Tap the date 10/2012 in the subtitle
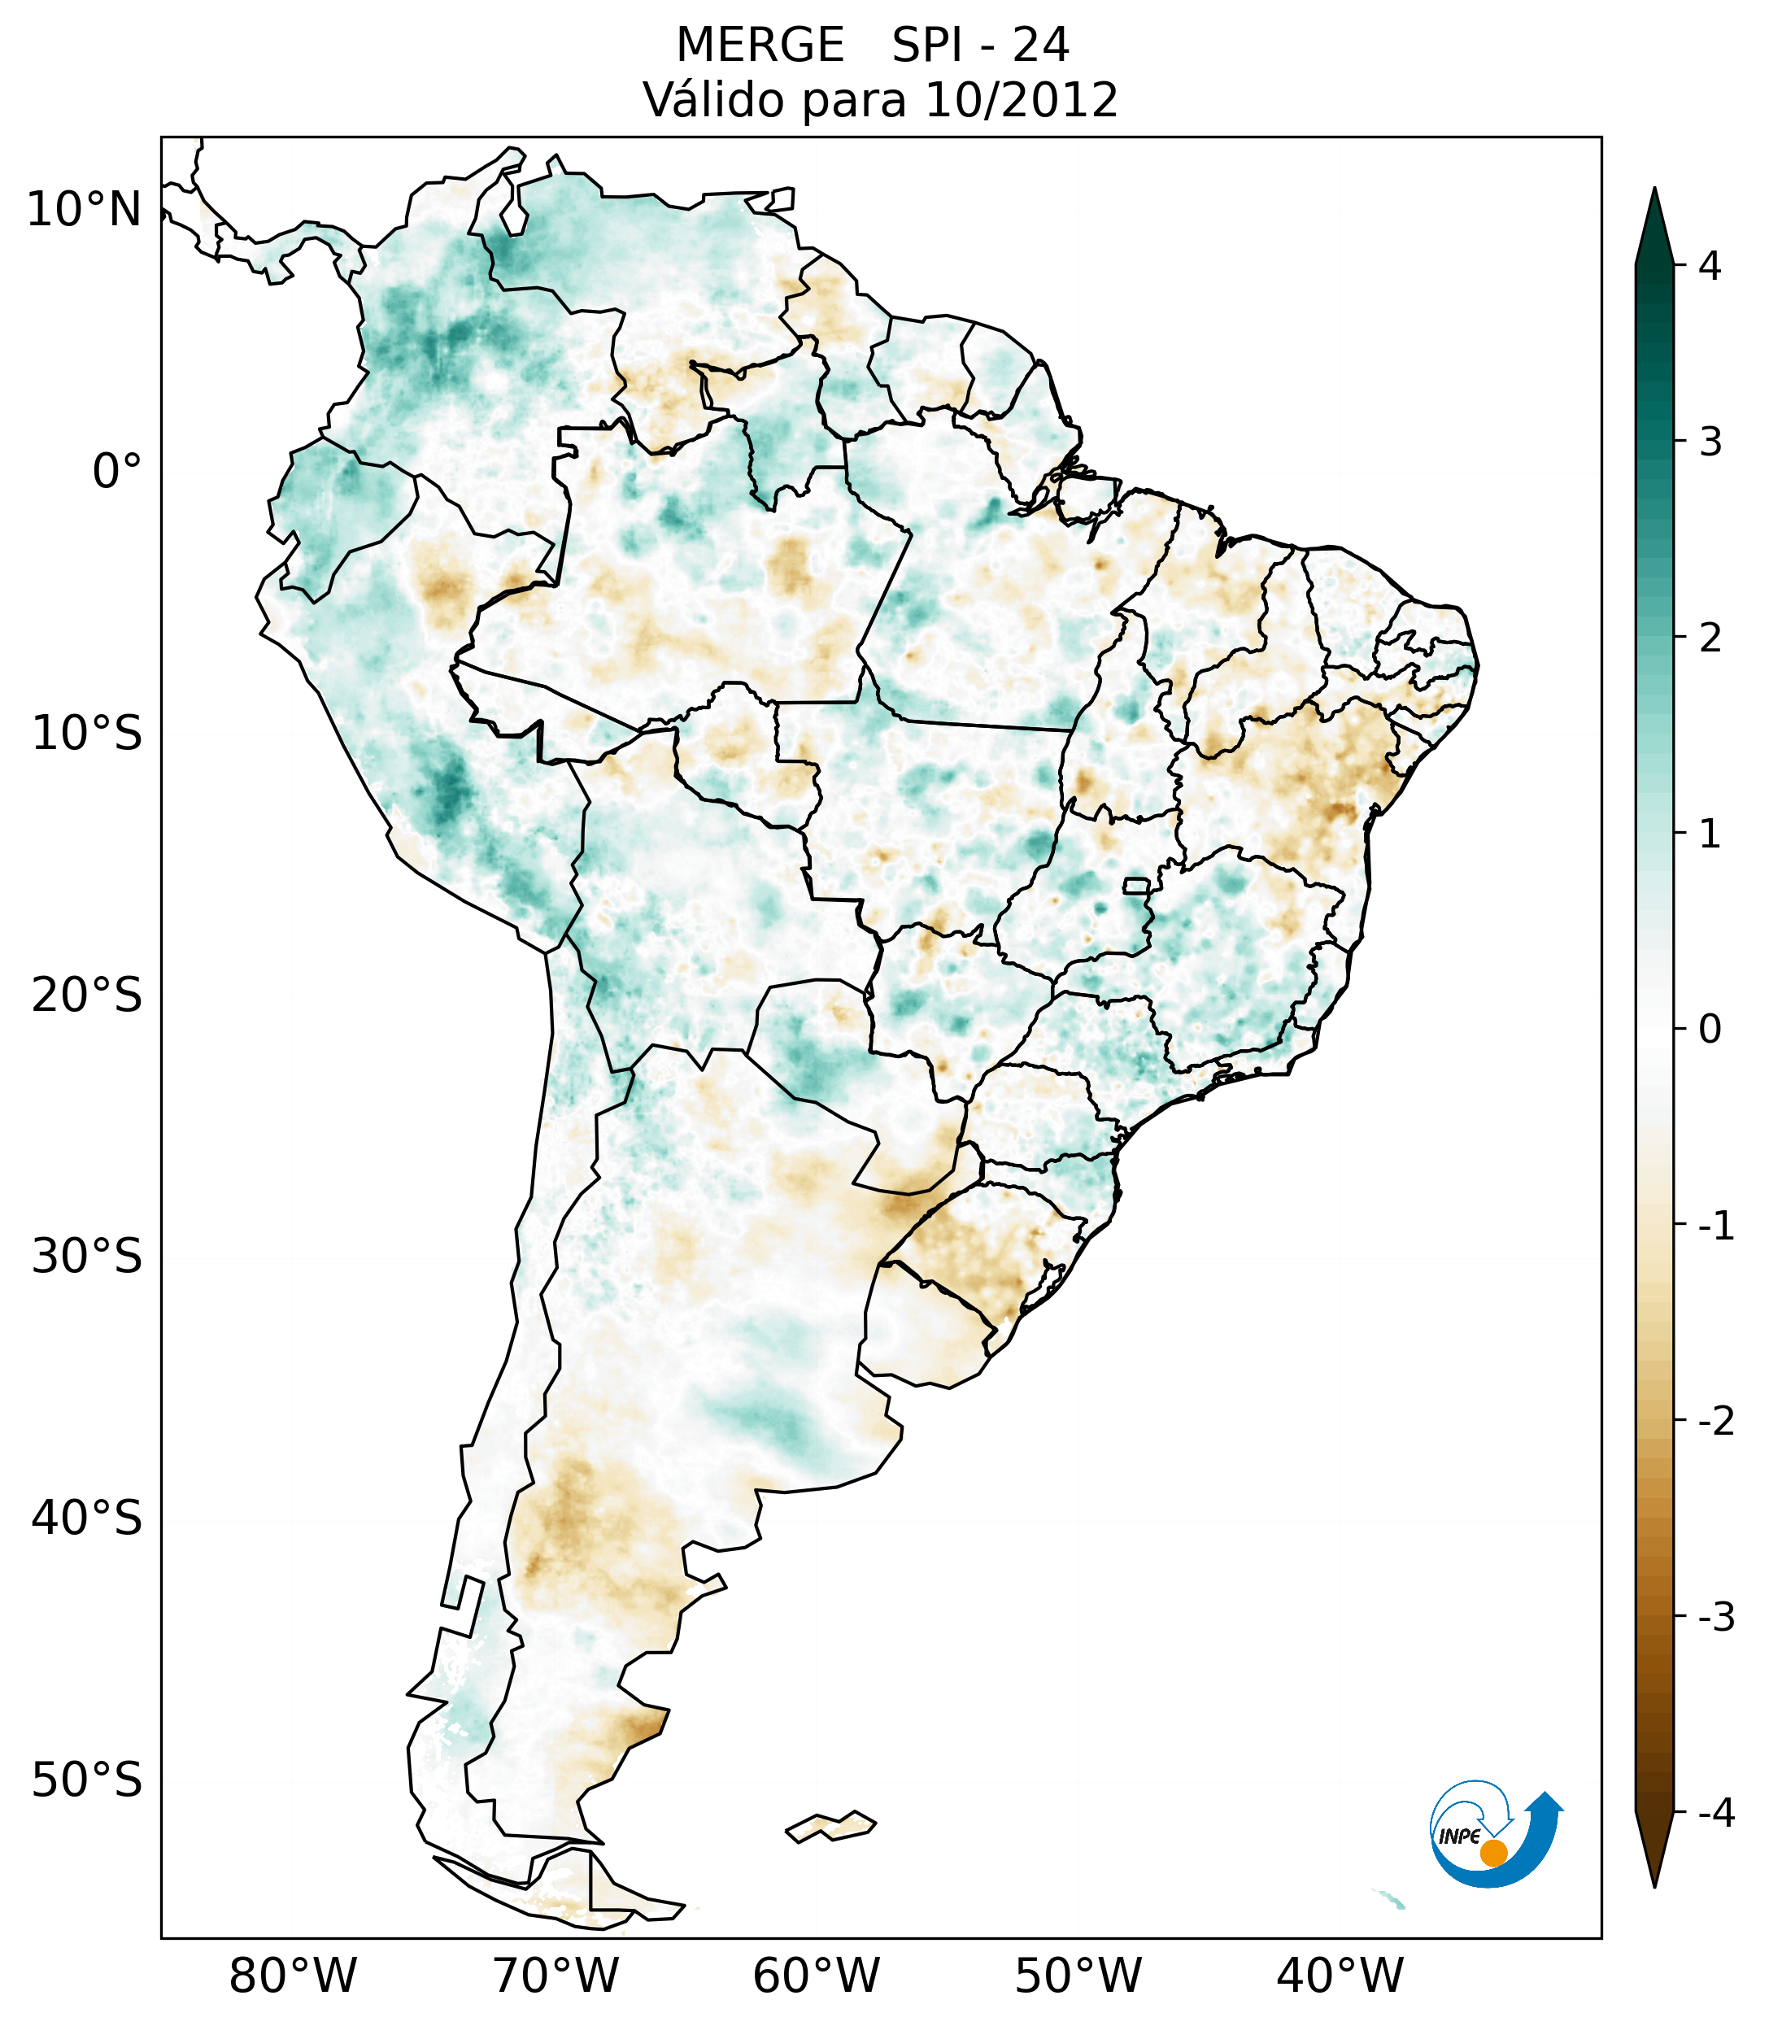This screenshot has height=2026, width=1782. pyautogui.click(x=1021, y=100)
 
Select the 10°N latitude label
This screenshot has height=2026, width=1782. pyautogui.click(x=85, y=210)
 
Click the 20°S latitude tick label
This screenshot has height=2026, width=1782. pyautogui.click(x=87, y=996)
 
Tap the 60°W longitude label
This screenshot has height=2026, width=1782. pyautogui.click(x=816, y=1976)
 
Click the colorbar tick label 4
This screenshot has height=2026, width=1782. pyautogui.click(x=1710, y=266)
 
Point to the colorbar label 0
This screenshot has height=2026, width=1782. pyautogui.click(x=1710, y=1030)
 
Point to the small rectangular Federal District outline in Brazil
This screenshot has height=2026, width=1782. pyautogui.click(x=1135, y=885)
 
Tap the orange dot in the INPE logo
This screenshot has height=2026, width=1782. pyautogui.click(x=1492, y=1853)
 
